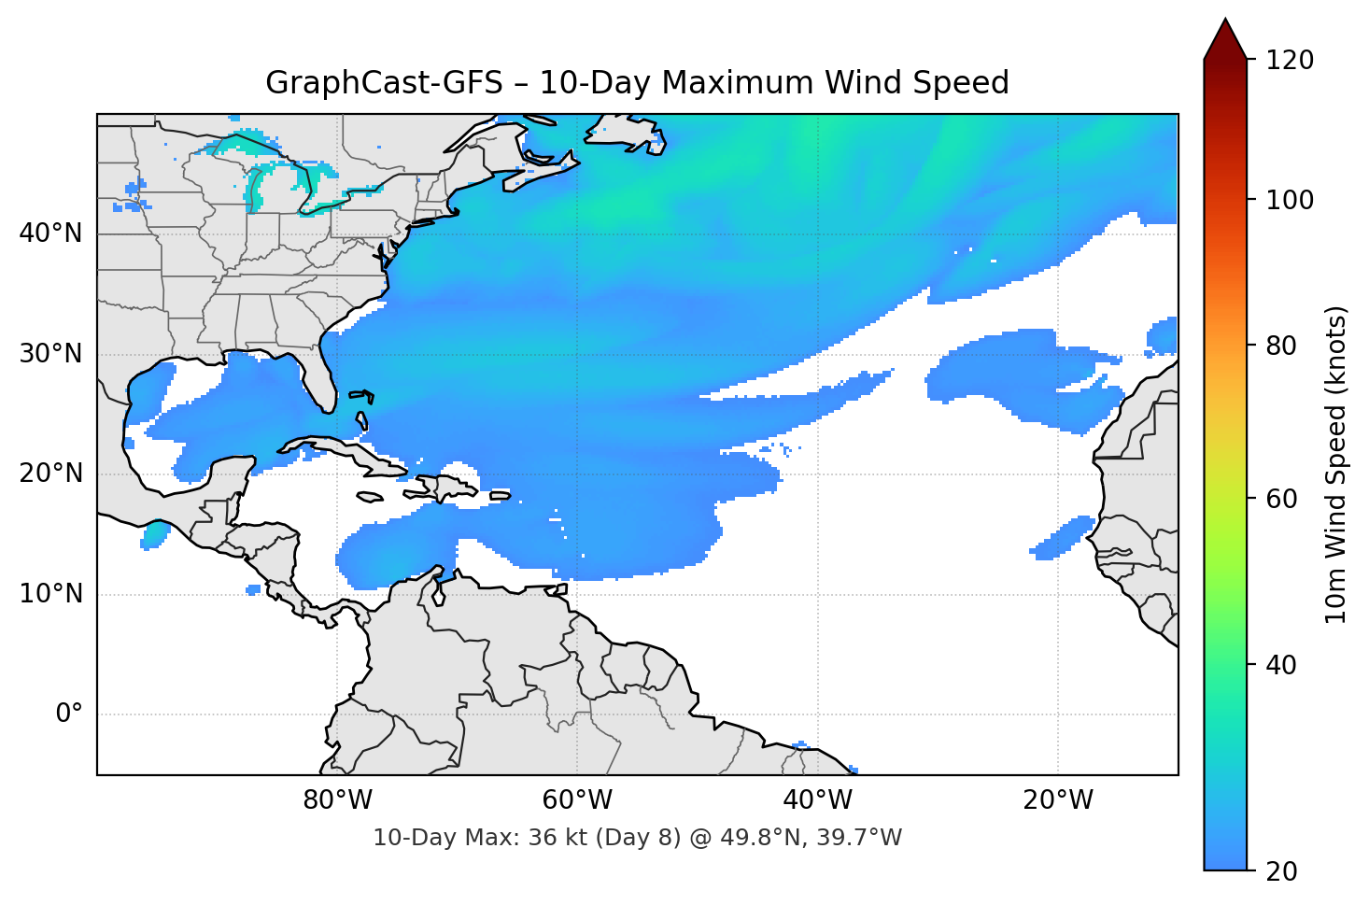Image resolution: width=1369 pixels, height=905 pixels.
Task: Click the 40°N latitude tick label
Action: click(x=50, y=233)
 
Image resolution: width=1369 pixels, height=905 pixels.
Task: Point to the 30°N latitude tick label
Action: click(x=50, y=354)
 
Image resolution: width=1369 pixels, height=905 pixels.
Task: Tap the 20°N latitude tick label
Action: click(x=50, y=474)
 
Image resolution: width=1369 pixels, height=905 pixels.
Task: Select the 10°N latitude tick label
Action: click(x=50, y=594)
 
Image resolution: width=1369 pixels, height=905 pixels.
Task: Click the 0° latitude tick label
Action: click(x=69, y=714)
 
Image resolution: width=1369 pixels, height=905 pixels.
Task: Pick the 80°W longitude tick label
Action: click(x=337, y=800)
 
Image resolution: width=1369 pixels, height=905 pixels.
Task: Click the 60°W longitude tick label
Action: click(x=577, y=800)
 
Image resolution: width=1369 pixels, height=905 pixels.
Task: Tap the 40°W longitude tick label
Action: click(x=817, y=800)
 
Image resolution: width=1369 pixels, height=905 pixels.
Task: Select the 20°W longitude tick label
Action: click(x=1057, y=800)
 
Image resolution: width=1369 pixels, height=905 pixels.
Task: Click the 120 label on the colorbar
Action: click(x=1289, y=61)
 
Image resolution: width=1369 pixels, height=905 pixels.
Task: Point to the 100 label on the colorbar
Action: click(x=1289, y=200)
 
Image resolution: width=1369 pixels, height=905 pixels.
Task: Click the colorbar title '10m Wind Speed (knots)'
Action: click(x=1336, y=465)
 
